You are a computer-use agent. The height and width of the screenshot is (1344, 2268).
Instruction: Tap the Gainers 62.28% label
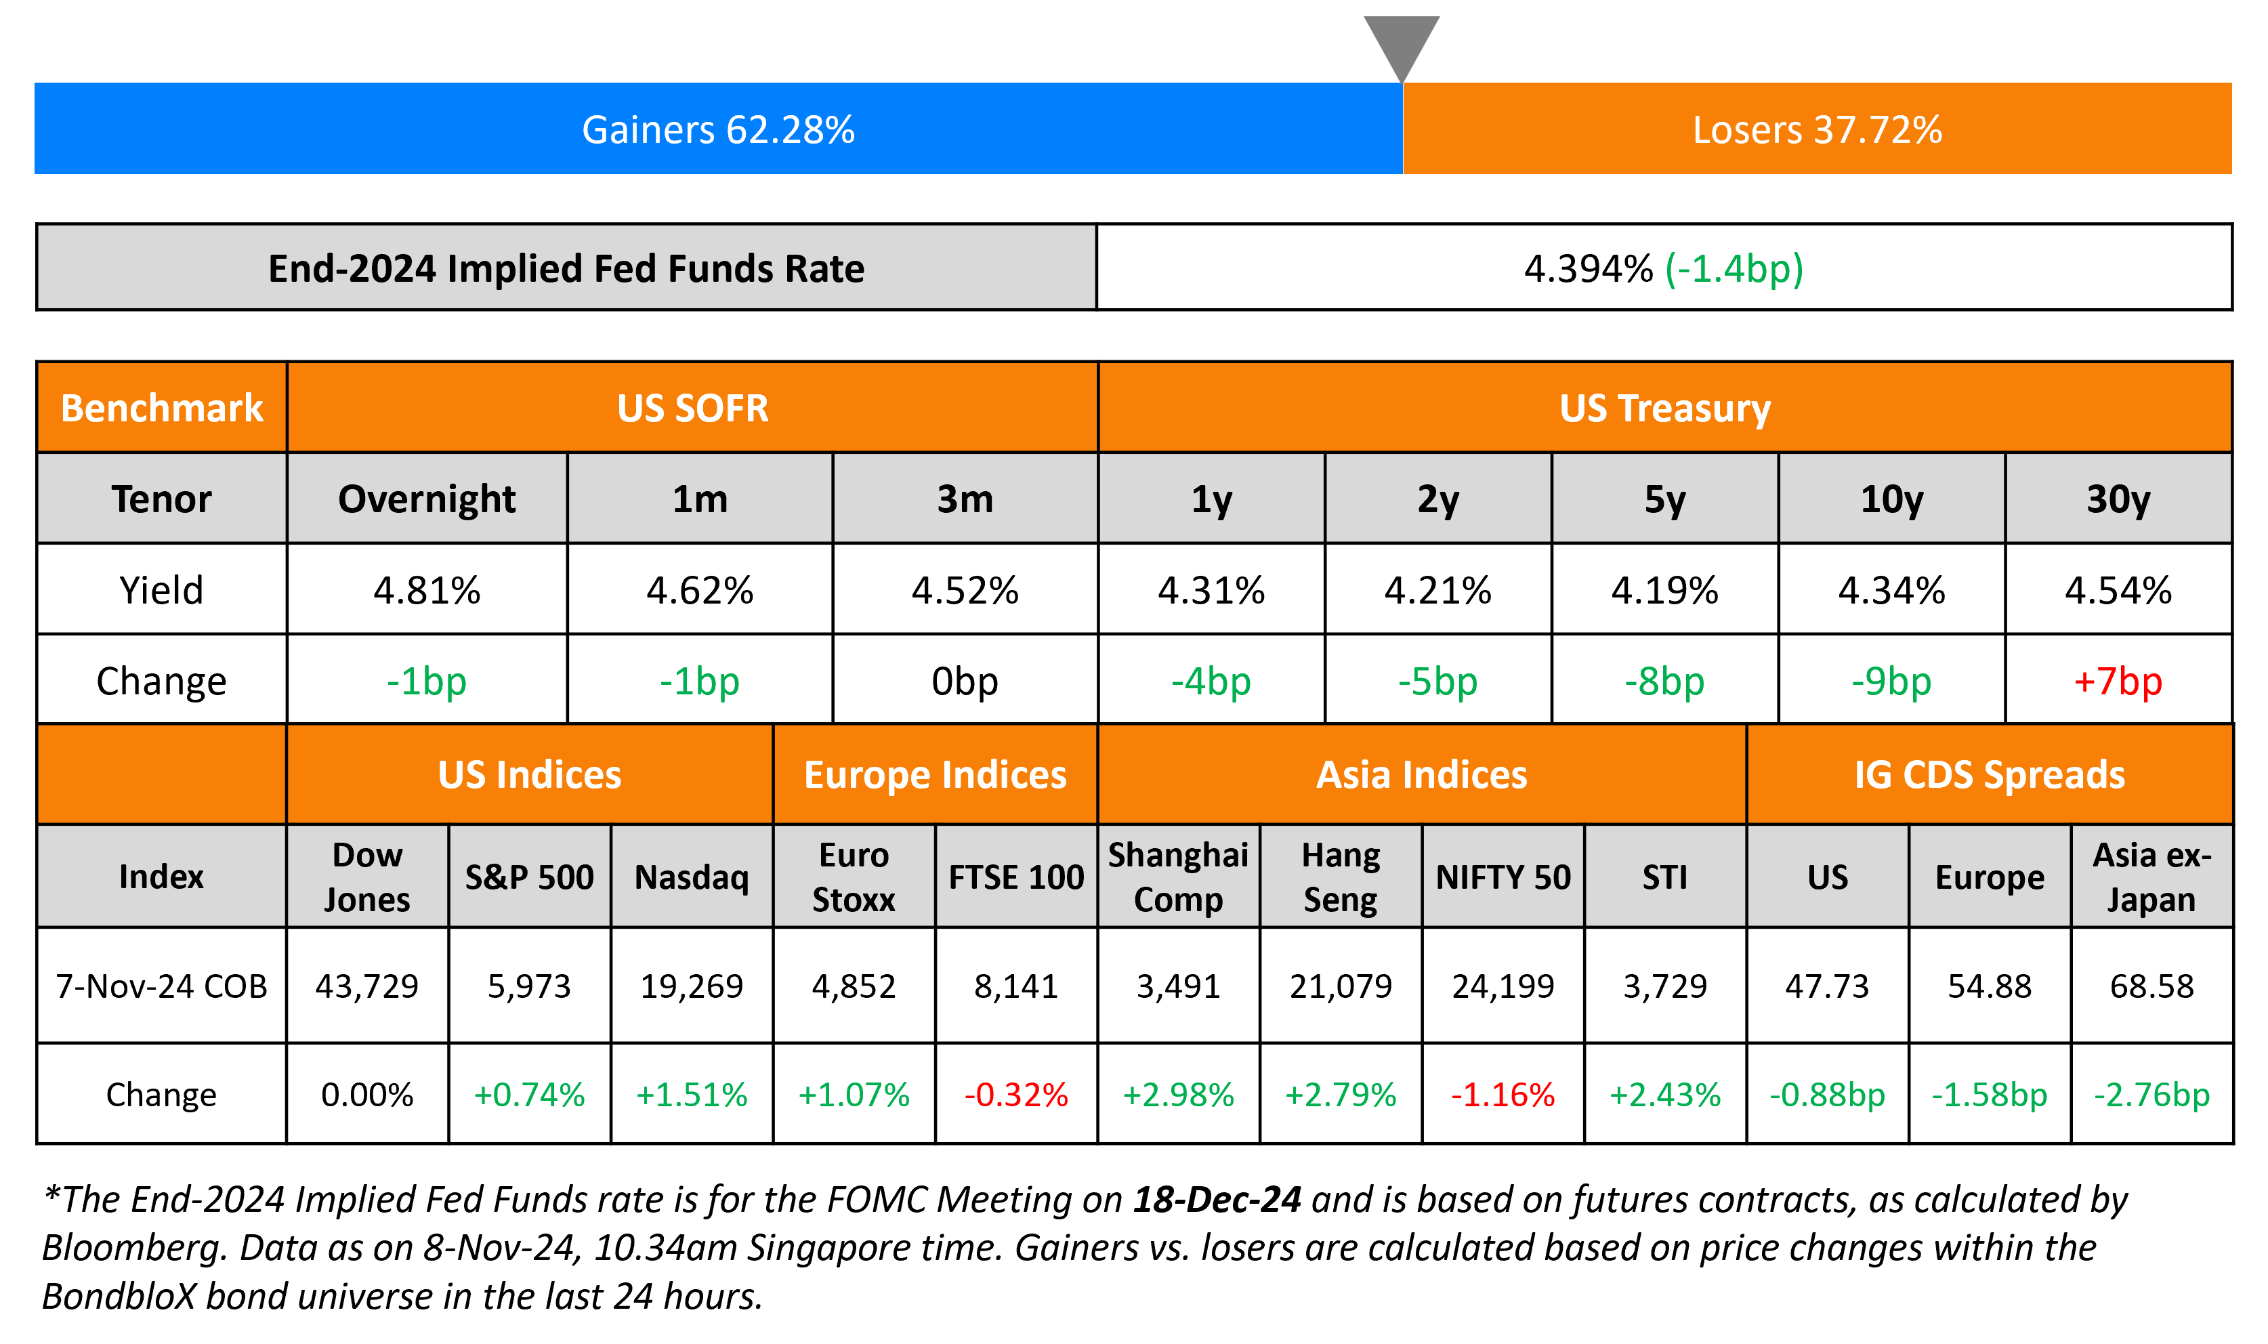tap(718, 129)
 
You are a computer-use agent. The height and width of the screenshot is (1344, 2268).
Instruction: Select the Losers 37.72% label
tap(1817, 129)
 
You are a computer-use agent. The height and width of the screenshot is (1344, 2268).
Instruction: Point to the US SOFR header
tap(692, 408)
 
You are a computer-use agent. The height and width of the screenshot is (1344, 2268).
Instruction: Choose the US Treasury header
tap(1664, 408)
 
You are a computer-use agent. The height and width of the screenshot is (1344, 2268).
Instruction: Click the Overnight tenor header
tap(427, 499)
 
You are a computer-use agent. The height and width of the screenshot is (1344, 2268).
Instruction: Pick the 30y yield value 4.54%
tap(2118, 591)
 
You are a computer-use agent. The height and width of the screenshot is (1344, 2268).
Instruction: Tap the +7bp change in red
tap(2118, 681)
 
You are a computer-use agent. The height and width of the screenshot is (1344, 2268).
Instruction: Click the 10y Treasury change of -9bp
tap(1891, 681)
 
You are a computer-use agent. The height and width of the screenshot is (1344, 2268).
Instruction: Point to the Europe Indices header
tap(936, 775)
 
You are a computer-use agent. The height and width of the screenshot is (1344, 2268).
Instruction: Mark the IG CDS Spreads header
tap(1989, 775)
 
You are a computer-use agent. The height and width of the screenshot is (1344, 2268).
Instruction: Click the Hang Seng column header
tap(1340, 877)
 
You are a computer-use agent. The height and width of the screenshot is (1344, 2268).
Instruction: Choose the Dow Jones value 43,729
tap(366, 986)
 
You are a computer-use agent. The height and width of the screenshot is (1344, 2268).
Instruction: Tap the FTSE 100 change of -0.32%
tap(1016, 1095)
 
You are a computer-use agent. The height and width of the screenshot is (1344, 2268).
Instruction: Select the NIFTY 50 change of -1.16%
tap(1503, 1095)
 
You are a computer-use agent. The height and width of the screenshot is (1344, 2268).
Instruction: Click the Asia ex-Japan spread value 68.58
tap(2151, 986)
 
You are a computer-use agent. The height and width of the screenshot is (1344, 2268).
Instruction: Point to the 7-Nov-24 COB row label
tap(161, 986)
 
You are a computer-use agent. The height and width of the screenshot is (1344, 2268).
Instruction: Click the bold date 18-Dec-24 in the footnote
tap(1217, 1199)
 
